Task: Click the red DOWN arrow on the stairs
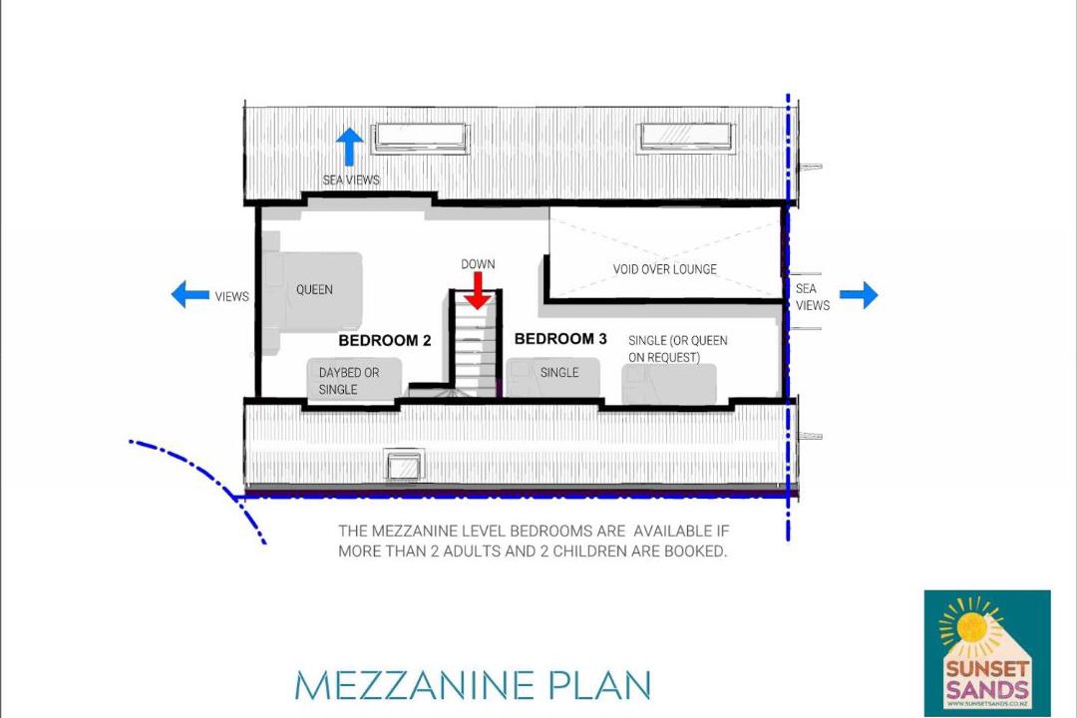(x=478, y=290)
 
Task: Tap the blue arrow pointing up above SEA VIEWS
(x=349, y=147)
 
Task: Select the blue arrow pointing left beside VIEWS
(x=190, y=295)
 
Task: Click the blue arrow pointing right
(x=859, y=295)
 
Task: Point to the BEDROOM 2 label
(x=385, y=341)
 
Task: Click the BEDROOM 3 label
(x=560, y=339)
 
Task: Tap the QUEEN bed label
(x=314, y=290)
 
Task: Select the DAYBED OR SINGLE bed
(x=354, y=378)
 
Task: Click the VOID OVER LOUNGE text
(x=665, y=269)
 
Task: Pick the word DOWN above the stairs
(x=478, y=264)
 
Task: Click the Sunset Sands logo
(x=987, y=653)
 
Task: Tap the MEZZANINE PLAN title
(x=473, y=685)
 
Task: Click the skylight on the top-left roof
(x=420, y=138)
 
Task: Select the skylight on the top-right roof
(x=686, y=137)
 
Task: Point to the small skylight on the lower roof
(x=405, y=468)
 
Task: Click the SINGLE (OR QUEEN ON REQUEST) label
(x=678, y=349)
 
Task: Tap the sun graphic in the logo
(x=972, y=626)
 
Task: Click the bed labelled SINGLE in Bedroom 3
(x=552, y=377)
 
